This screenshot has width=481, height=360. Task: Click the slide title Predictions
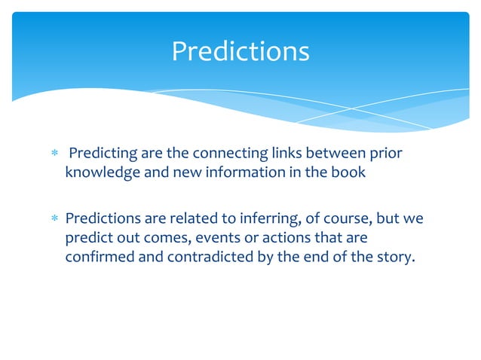pos(240,51)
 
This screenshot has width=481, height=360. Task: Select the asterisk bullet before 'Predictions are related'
pos(52,220)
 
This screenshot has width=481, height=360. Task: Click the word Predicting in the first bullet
pos(103,154)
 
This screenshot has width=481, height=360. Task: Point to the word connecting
pos(229,154)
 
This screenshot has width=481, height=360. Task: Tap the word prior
pos(386,154)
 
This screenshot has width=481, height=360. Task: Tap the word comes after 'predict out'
pos(166,237)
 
